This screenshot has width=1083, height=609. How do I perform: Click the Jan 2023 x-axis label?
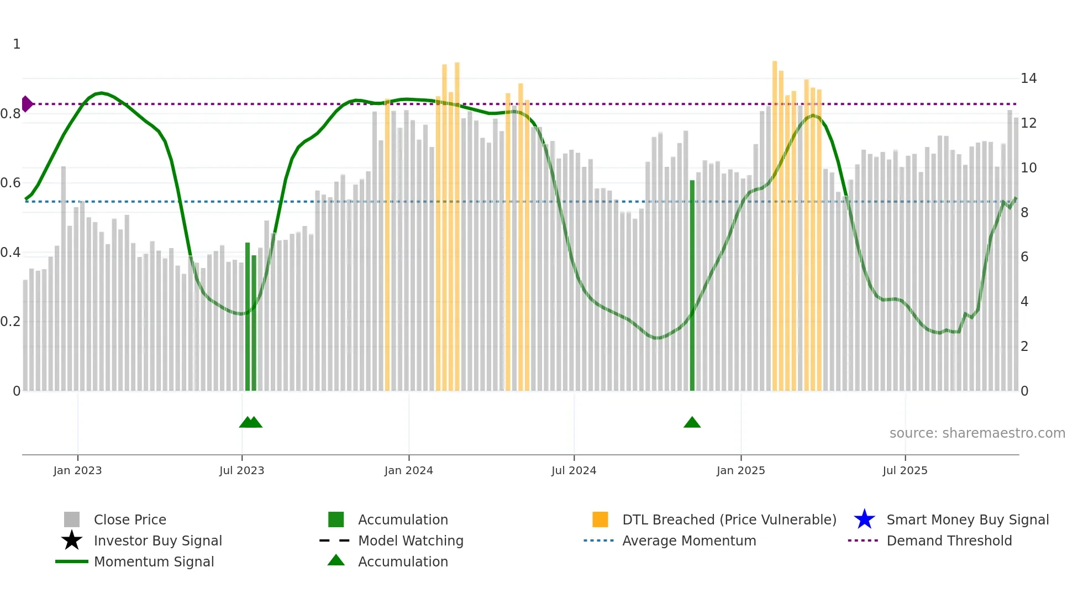77,470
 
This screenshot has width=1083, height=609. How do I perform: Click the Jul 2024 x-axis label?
574,470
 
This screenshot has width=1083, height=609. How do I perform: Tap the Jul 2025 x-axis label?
905,470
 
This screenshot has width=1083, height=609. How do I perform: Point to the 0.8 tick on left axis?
11,114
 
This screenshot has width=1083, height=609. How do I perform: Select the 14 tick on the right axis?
1028,78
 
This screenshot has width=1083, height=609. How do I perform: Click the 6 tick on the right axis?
1024,257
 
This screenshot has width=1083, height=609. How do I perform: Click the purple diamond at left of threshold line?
27,104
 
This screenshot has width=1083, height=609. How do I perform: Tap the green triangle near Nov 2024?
692,423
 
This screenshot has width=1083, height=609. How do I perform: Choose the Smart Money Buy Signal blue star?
864,519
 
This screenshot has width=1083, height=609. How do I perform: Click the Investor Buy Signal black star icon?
72,540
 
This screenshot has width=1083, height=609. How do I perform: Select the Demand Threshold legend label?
949,540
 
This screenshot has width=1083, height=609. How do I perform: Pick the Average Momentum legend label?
689,540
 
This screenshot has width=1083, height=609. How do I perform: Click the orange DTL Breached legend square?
600,519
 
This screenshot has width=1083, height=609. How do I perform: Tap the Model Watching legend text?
411,540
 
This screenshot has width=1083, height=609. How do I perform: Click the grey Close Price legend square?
72,519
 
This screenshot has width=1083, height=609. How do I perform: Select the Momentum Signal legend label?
154,561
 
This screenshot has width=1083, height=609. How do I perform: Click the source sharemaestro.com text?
977,433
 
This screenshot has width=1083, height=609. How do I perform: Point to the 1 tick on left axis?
17,44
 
